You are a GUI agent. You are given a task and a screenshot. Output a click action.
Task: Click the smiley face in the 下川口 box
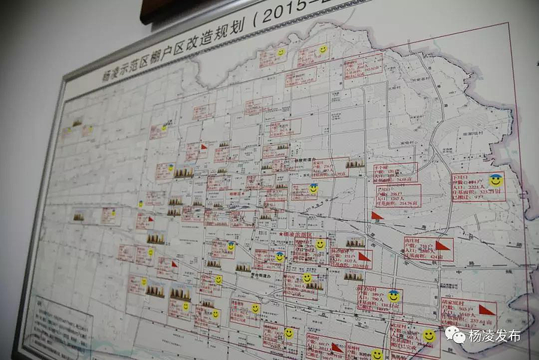pyautogui.click(x=495, y=180)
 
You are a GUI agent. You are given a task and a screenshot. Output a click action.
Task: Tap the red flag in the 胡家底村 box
pyautogui.click(x=486, y=310)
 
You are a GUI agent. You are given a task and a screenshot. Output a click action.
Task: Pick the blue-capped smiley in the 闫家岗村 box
pyautogui.click(x=393, y=296)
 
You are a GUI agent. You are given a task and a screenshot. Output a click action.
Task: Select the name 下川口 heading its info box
pyautogui.click(x=461, y=178)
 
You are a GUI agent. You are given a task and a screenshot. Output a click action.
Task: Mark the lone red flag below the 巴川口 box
pyautogui.click(x=376, y=216)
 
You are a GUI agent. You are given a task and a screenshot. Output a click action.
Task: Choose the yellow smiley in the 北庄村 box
pyautogui.click(x=429, y=335)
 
